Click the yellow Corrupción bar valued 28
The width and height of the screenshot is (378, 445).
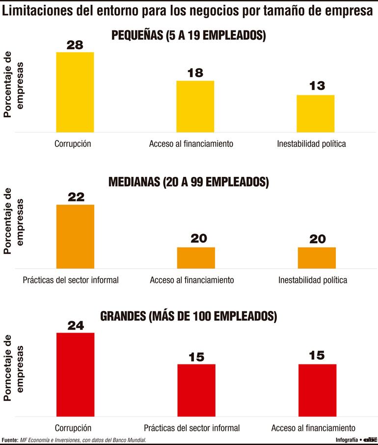75,92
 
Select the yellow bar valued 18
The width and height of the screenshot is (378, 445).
195,106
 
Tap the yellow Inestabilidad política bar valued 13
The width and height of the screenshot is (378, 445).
316,113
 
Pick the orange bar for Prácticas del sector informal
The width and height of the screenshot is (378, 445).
75,236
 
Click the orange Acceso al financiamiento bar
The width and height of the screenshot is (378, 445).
195,257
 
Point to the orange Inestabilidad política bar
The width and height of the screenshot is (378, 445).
317,257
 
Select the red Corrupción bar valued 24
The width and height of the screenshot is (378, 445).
75,374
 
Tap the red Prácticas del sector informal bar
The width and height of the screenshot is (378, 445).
196,390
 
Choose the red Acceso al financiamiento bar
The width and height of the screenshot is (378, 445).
317,390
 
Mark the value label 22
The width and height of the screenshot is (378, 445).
75,197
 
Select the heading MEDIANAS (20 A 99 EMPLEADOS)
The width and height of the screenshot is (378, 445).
189,182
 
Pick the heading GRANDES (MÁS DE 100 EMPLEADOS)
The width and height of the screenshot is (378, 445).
189,316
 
